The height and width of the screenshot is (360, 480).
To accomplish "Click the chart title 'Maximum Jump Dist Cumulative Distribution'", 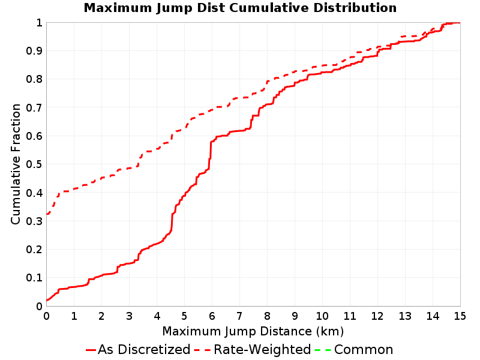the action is point(240,8).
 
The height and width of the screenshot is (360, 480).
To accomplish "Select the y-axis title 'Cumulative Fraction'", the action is point(16,164).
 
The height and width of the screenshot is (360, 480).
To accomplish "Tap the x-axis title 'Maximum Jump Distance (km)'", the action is point(253,332).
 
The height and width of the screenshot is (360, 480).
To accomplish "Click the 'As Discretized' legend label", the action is point(144,349).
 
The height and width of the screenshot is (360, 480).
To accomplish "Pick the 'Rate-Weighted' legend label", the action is point(262,349).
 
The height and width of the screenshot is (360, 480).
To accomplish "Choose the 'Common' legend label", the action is point(364,349).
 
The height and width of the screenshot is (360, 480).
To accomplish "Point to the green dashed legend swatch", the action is point(323,350).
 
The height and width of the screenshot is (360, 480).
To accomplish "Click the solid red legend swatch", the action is point(91,350).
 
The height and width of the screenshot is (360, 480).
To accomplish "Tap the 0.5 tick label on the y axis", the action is point(34,164).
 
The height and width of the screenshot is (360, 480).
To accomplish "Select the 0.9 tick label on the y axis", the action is point(34,50).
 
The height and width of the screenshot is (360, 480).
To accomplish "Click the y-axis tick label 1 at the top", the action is point(39,22).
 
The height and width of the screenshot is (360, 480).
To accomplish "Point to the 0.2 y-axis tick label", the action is point(34,249).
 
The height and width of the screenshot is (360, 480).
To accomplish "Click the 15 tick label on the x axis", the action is point(460,316).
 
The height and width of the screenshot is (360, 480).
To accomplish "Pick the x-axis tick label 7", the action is point(239,316).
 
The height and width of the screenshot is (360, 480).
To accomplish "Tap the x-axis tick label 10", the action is point(322,316).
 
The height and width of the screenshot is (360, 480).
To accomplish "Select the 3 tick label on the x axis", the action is point(129,316).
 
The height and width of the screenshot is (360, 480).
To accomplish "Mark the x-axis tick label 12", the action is point(377,316).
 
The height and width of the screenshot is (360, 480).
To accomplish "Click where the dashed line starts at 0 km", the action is point(47,214).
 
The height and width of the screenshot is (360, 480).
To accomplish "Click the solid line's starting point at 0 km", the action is point(47,301).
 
